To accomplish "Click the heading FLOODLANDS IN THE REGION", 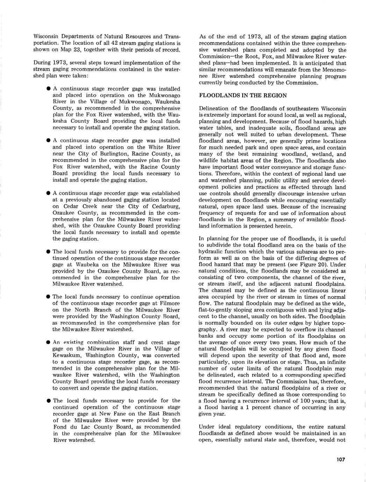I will pos(243,95).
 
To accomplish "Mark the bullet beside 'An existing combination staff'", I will pos(48,342).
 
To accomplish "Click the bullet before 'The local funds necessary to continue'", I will pos(48,297).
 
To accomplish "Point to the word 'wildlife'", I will pos(209,161).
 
